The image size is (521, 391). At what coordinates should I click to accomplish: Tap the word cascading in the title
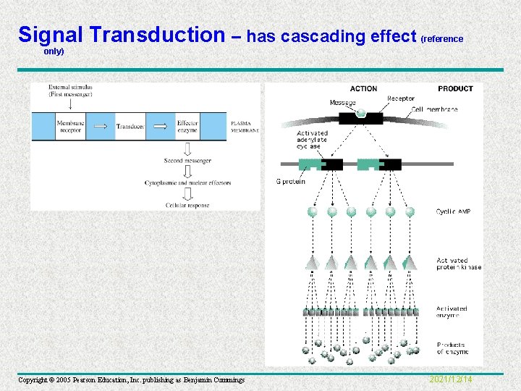pos(321,36)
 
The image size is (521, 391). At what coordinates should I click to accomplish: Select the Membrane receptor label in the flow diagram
pos(71,127)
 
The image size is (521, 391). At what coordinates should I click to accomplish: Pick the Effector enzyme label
pos(187,127)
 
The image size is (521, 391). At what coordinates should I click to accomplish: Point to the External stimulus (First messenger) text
pos(70,91)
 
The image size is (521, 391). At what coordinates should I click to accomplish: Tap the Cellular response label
pos(187,205)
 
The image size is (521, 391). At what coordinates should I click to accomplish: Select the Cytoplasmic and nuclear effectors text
pos(187,182)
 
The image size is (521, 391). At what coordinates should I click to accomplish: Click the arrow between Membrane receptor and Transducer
pos(106,127)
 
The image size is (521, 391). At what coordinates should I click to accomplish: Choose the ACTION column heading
pos(363,89)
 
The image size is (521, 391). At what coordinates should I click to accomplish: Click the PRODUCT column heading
pos(455,89)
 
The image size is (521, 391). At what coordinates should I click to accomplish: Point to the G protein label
pos(290,181)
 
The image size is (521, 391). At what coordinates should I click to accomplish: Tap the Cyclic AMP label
pos(453,212)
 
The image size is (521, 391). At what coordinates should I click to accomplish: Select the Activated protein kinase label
pos(458,264)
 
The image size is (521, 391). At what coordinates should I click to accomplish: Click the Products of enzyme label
pos(452,348)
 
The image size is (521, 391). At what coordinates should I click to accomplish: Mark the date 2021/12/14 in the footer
pos(451,379)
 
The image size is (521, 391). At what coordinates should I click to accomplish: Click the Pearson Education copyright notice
pos(131,380)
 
